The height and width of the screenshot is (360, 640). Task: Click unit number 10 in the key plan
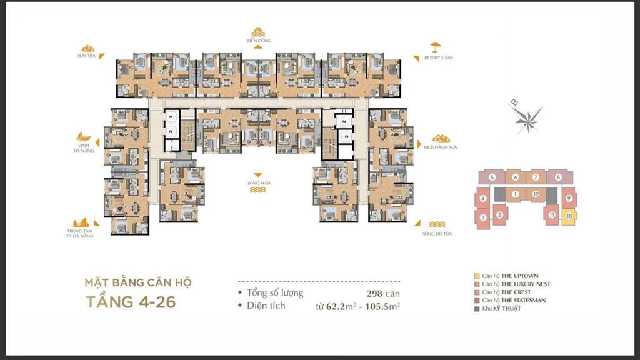tap(569, 217)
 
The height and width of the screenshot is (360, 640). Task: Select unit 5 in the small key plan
tap(492, 177)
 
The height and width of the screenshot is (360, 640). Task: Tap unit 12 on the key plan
tap(536, 194)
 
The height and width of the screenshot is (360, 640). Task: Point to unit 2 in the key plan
tap(499, 216)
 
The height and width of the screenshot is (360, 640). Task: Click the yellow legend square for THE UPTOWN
tap(477, 276)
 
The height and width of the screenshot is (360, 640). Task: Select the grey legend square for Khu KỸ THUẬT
tap(477, 309)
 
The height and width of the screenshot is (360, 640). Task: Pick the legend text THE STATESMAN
tap(512, 301)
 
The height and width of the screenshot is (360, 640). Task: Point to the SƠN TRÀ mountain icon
tap(87, 47)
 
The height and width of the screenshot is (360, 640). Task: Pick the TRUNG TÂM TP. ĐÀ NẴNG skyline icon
tap(82, 223)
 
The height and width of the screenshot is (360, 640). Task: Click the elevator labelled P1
tap(170, 116)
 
